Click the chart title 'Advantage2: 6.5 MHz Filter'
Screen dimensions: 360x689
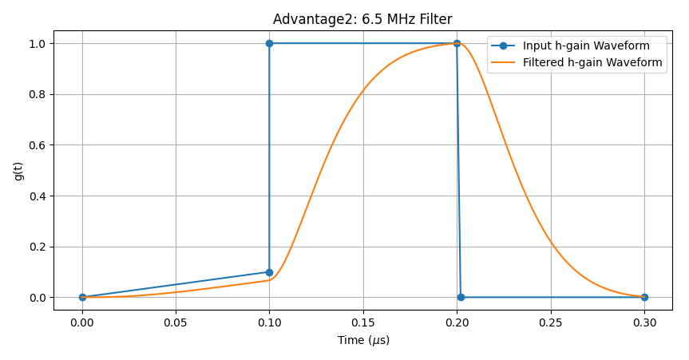tap(362, 19)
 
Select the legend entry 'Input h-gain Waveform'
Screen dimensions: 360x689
tap(592, 45)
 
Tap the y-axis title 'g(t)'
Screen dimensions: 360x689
tap(18, 171)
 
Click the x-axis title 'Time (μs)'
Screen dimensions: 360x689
tap(363, 340)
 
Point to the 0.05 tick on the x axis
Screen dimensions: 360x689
tap(176, 322)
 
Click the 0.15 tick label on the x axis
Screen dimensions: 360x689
tap(363, 322)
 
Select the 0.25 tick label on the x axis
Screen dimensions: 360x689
tap(551, 322)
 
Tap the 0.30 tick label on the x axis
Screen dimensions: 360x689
tap(644, 322)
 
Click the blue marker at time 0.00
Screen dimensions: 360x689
tap(82, 297)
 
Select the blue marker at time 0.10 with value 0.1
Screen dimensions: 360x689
tap(269, 272)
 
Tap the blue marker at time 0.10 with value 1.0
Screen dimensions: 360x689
tap(269, 43)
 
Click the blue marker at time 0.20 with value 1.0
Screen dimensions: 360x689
tap(457, 43)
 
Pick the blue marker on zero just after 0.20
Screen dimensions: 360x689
tap(461, 297)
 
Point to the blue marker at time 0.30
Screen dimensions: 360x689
tap(644, 297)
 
